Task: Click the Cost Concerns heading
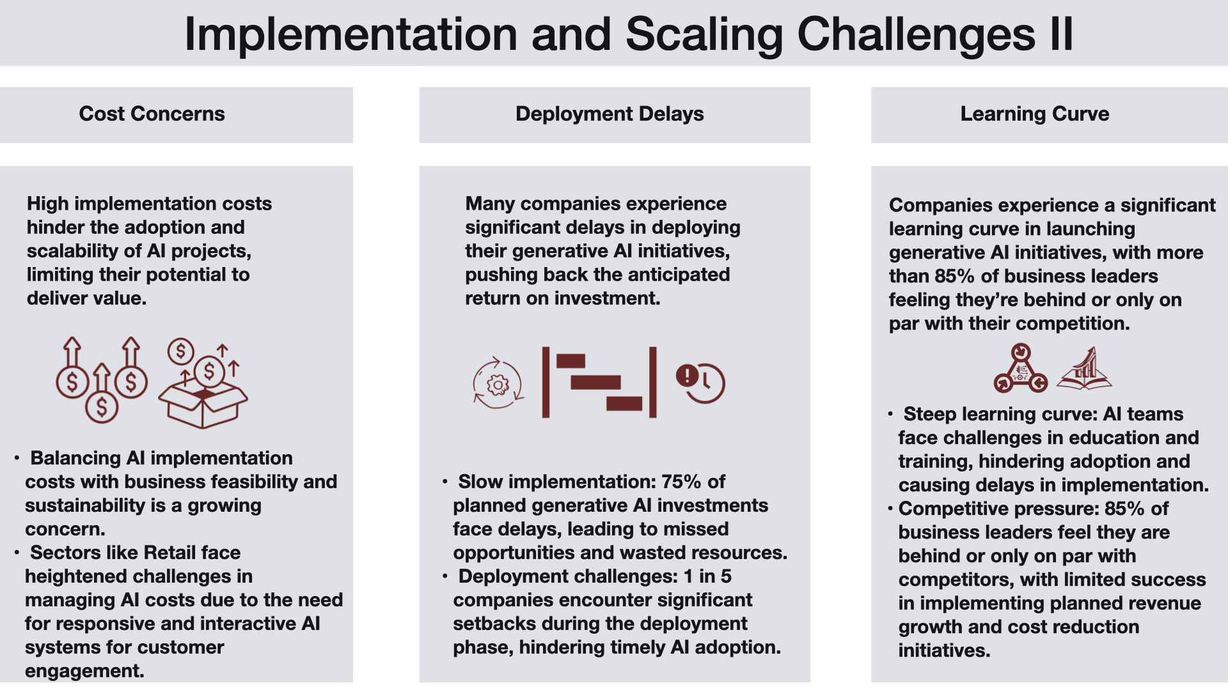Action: point(152,114)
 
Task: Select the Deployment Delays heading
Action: point(610,114)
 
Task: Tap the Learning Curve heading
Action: point(1035,114)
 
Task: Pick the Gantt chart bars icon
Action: point(599,382)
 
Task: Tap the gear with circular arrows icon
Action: point(498,383)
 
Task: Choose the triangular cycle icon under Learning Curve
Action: point(1021,368)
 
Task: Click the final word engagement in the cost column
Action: point(84,671)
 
